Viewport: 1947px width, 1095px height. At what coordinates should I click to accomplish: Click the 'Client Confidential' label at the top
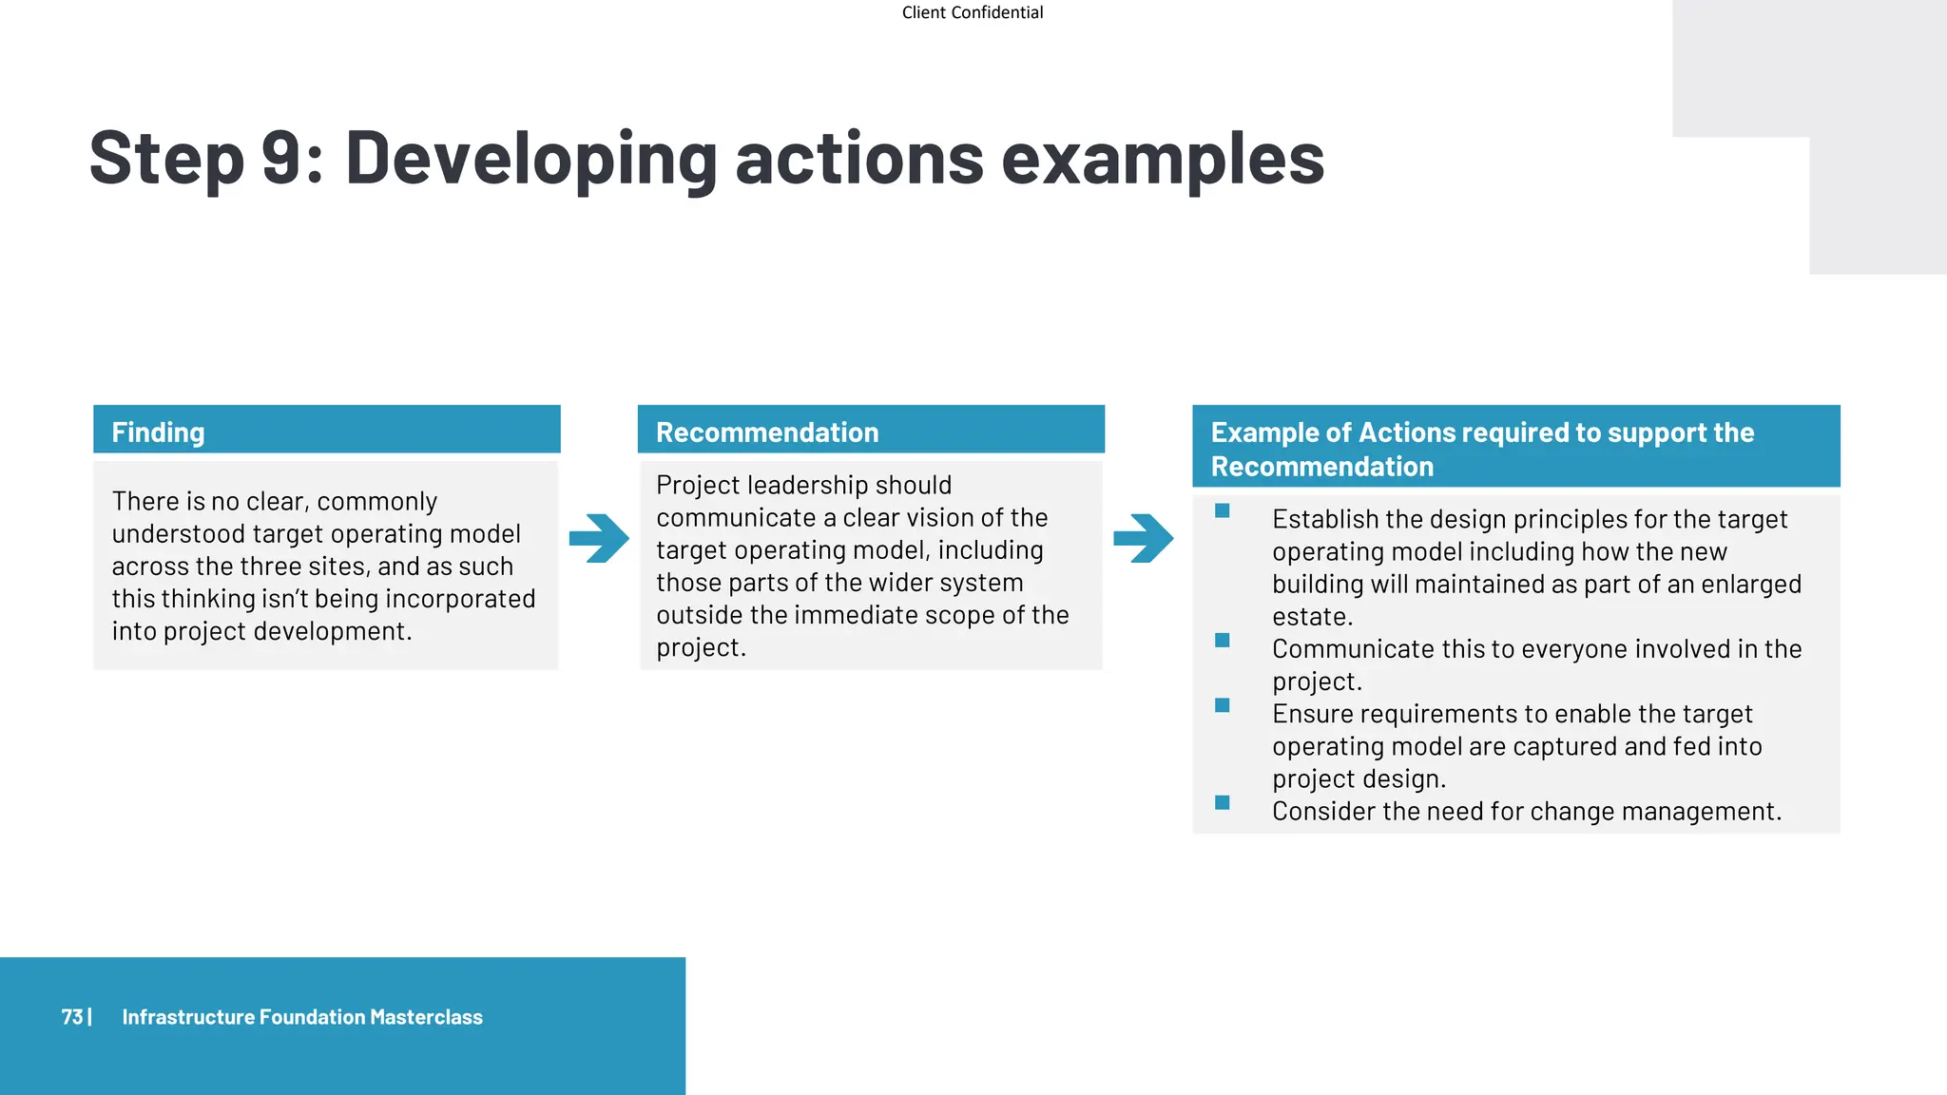(972, 12)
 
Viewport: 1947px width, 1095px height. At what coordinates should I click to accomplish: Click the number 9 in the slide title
(282, 158)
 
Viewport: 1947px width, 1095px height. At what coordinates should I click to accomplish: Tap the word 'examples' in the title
(1162, 160)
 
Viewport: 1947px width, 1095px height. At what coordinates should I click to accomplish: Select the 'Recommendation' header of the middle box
(767, 432)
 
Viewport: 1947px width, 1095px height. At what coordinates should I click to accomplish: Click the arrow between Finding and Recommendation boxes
(599, 538)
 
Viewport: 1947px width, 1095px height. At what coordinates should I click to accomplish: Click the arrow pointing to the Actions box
(1143, 538)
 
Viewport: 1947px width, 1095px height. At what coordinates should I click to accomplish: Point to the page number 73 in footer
(72, 1017)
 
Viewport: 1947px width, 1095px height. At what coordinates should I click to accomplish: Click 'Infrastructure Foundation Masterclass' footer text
(302, 1017)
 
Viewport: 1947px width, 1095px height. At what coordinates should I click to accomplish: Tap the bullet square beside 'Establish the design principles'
(1223, 511)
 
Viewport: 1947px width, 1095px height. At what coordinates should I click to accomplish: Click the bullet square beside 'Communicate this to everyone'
(1223, 641)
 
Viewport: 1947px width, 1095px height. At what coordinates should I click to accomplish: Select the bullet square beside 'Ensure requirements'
(1223, 705)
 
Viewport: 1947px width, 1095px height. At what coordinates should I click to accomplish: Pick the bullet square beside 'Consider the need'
(1223, 803)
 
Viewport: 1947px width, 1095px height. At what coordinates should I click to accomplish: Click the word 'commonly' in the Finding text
(376, 502)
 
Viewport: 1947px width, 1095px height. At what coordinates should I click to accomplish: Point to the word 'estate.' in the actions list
(1312, 617)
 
